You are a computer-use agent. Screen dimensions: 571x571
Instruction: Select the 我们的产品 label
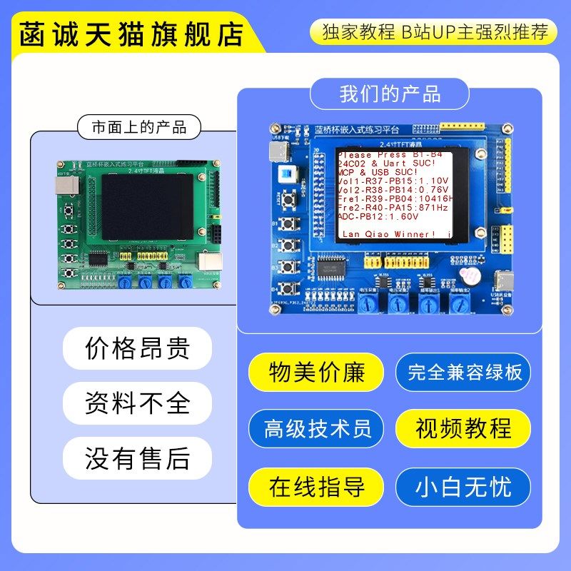[x=390, y=94]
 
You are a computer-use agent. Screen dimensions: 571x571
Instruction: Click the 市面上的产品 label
[x=139, y=128]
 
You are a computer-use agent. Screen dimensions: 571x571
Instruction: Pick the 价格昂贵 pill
[x=138, y=348]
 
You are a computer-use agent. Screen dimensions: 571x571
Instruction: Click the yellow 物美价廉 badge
[x=317, y=372]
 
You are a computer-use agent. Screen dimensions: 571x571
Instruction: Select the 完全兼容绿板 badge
[x=465, y=372]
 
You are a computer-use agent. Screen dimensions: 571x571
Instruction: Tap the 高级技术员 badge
[x=317, y=429]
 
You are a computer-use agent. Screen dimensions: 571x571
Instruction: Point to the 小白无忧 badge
[x=465, y=487]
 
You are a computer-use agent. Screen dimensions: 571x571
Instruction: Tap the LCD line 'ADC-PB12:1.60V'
[x=378, y=216]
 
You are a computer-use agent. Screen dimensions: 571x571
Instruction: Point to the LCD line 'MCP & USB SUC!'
[x=378, y=172]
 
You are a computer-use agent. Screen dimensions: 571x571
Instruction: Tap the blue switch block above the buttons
[x=288, y=174]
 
